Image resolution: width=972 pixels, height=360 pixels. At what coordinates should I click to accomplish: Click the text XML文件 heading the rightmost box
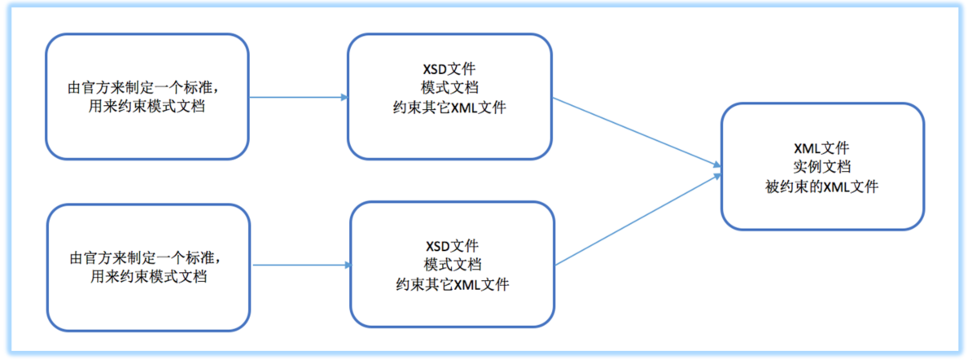point(821,148)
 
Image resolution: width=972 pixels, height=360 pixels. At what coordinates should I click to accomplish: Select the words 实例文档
point(821,167)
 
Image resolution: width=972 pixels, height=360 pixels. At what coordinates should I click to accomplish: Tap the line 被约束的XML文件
point(821,187)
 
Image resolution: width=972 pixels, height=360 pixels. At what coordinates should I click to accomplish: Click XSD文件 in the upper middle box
point(450,68)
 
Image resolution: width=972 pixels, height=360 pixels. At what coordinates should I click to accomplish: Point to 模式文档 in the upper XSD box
point(450,87)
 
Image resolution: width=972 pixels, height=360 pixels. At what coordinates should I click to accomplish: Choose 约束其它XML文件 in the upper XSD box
point(450,107)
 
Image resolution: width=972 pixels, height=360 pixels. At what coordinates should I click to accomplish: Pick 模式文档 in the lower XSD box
point(452,265)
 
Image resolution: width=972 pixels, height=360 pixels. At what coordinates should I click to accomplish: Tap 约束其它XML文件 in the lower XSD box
point(452,284)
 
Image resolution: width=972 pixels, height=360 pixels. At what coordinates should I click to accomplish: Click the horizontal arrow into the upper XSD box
point(297,98)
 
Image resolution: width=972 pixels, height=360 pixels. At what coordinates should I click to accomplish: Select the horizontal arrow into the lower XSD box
point(301,265)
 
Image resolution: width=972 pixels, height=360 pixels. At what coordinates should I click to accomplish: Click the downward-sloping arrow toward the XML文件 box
point(635,133)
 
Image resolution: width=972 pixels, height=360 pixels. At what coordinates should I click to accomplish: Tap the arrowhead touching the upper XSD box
point(344,98)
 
